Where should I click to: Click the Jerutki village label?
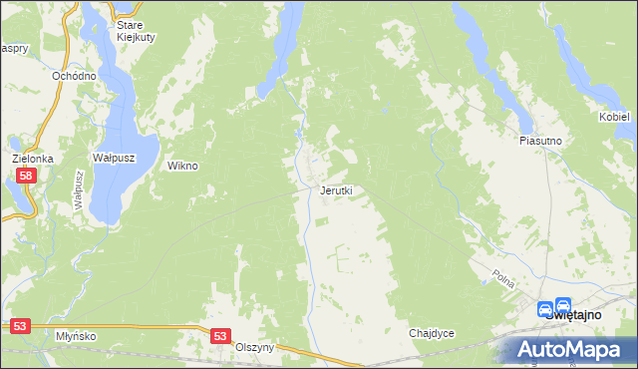336,189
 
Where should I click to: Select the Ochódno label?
75,76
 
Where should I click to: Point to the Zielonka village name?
32,158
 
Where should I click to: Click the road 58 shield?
26,177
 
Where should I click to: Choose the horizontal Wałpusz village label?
113,158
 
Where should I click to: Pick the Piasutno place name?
540,141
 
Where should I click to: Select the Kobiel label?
614,117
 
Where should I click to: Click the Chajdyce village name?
432,333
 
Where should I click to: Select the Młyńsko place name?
77,336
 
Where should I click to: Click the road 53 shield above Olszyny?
221,337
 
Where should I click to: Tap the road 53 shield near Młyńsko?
21,326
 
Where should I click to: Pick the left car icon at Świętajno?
545,309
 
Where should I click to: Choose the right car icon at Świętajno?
563,309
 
